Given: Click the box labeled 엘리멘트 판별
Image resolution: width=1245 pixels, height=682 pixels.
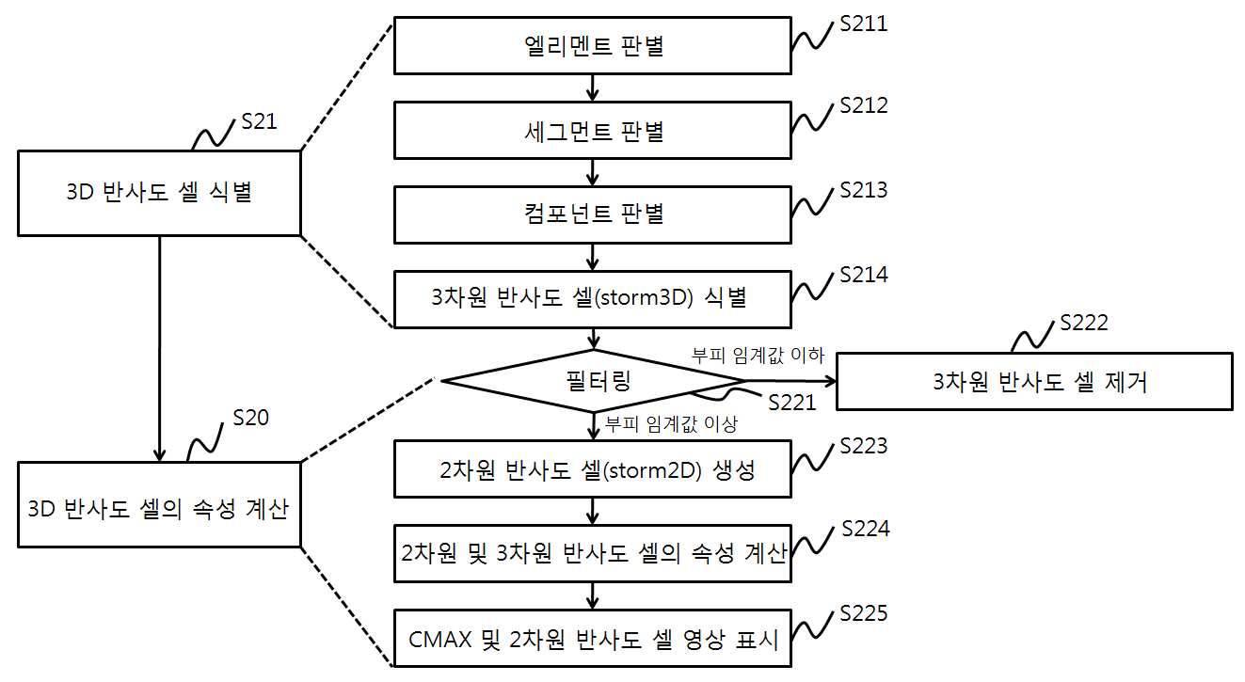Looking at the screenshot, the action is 593,45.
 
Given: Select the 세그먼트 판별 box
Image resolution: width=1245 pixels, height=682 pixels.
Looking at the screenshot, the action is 593,131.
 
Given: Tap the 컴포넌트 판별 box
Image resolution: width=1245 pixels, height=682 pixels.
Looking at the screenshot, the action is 593,214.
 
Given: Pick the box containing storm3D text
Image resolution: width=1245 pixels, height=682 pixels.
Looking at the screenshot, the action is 593,299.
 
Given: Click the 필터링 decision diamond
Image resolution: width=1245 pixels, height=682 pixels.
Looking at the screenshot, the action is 594,381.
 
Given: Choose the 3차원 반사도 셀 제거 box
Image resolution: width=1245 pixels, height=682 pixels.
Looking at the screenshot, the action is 1034,382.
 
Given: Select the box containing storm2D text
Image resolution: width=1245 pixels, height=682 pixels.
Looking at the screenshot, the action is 593,469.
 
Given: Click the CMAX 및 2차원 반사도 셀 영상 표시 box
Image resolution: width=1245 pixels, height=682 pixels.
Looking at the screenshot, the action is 593,639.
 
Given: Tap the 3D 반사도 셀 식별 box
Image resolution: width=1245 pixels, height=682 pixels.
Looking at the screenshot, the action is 160,193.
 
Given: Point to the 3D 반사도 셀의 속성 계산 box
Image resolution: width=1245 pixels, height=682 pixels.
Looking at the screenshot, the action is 160,505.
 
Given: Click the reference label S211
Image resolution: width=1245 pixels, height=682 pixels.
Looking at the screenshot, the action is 863,24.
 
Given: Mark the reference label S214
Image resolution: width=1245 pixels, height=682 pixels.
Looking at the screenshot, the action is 863,275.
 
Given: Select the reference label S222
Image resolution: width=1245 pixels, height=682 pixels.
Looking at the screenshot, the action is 1084,323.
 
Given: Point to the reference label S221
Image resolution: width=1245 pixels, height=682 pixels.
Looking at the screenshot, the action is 792,403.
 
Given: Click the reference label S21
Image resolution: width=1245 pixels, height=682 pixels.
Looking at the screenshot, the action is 259,121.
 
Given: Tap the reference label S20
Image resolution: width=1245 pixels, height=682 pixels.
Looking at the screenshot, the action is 250,418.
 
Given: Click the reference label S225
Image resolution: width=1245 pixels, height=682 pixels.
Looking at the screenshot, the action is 863,613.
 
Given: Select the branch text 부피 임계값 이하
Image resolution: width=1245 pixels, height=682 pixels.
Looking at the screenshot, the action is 758,356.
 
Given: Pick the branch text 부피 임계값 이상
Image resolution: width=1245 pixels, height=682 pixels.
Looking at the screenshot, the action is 671,425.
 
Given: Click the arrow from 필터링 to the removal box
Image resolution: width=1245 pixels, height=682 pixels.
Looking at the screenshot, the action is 790,381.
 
